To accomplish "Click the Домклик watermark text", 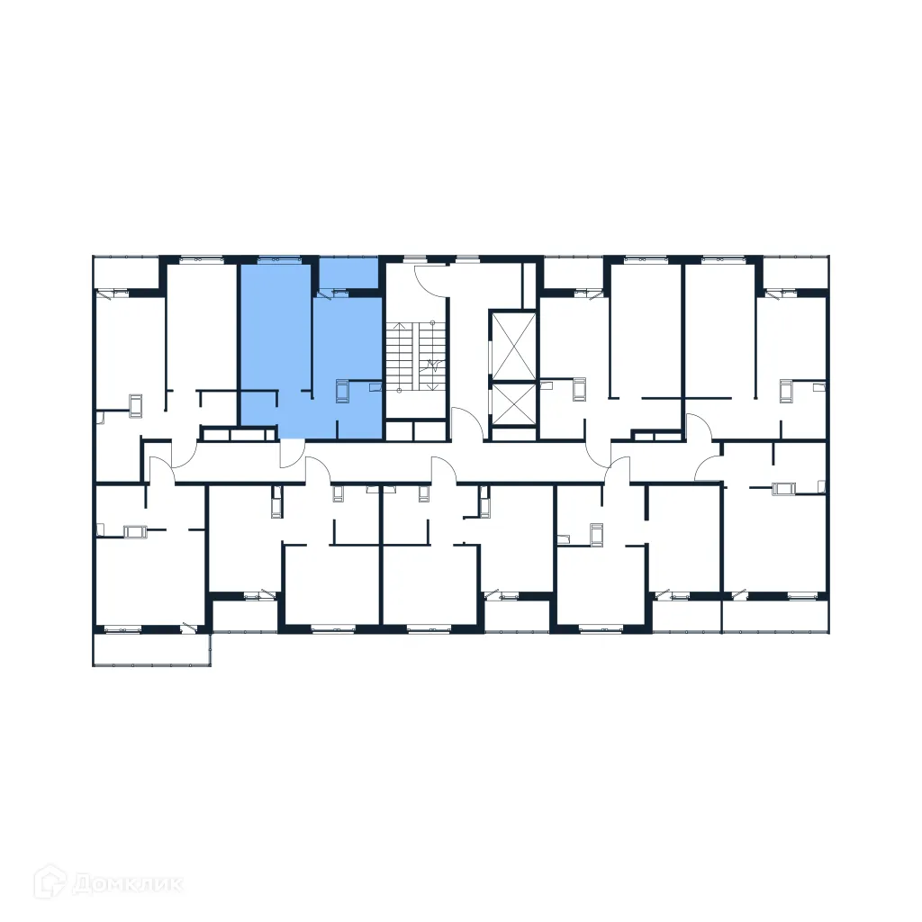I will click(131, 882).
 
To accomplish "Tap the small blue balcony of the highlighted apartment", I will click(348, 272).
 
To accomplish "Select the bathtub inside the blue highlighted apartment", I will click(342, 392).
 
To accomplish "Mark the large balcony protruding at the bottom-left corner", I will click(151, 649).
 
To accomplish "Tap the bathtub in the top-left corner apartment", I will click(136, 404).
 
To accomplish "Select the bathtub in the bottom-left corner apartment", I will click(136, 531).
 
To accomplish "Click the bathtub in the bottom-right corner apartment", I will click(785, 489).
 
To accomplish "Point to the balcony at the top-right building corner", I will click(794, 271).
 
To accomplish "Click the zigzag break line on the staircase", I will click(432, 365).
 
